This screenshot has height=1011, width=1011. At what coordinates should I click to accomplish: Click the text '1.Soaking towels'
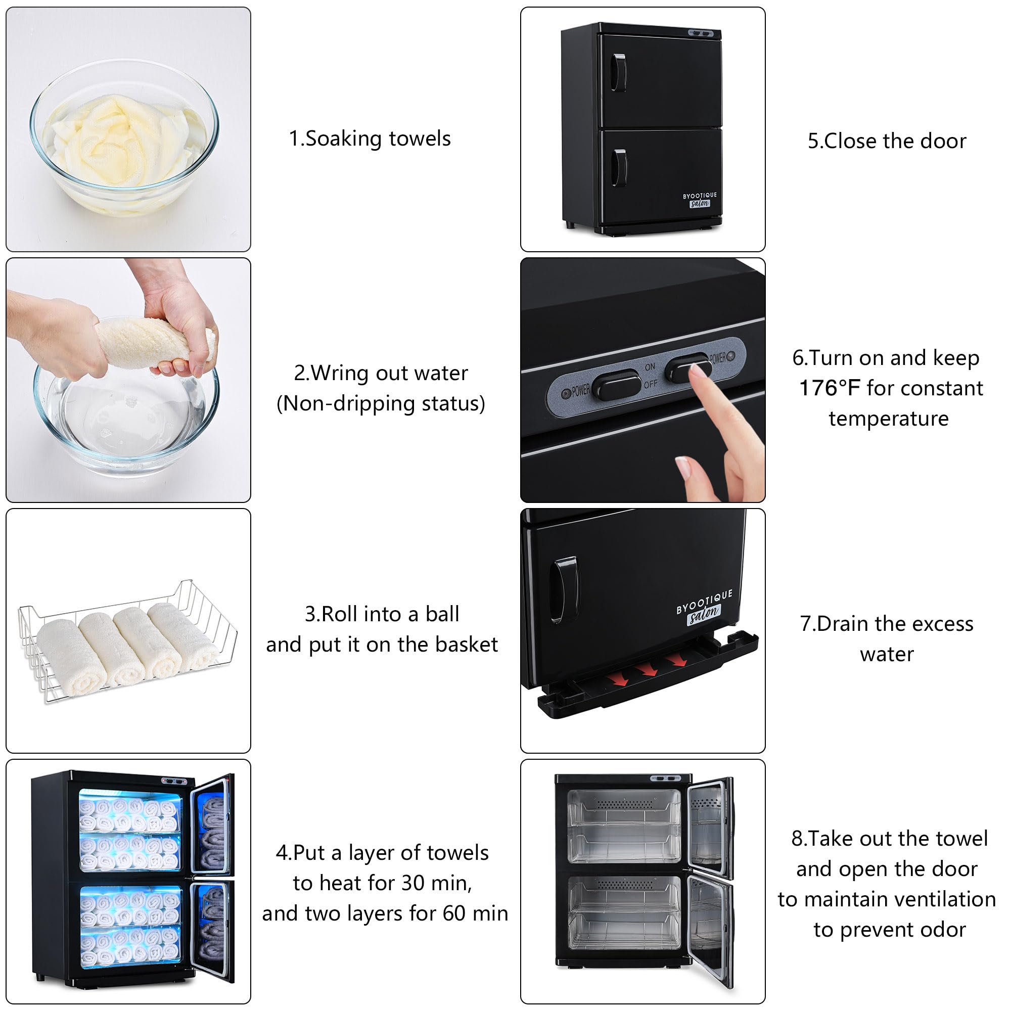(x=370, y=139)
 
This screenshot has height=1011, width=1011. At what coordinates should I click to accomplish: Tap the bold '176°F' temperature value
(x=829, y=388)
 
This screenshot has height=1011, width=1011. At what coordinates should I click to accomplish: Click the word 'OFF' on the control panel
(x=651, y=384)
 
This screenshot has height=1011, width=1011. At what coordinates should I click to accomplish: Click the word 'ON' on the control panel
(x=650, y=367)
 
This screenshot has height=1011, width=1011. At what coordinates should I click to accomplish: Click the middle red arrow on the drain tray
(x=649, y=670)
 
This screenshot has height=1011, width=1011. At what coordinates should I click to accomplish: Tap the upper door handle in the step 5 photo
(x=619, y=72)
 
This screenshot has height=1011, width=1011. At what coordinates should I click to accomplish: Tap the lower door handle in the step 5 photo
(x=619, y=168)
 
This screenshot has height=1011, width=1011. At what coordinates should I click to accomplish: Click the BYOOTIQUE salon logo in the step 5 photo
(x=700, y=199)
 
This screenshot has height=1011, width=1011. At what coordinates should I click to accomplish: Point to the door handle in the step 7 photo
(x=565, y=590)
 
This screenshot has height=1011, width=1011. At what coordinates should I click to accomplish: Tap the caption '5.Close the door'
(x=887, y=142)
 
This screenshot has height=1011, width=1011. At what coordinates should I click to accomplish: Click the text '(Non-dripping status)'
(x=381, y=403)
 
